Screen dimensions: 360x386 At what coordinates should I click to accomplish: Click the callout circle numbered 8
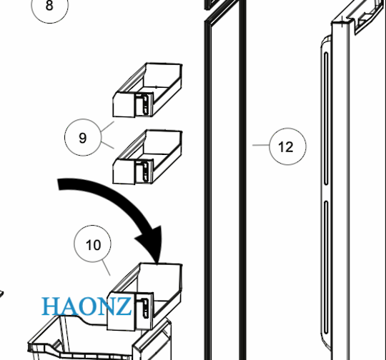[49, 6]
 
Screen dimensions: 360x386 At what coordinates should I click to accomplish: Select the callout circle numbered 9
[83, 138]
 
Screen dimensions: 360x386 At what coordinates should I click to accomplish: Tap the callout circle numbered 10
[94, 246]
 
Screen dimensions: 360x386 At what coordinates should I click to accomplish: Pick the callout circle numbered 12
[286, 147]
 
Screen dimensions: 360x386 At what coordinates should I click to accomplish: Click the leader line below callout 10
[106, 269]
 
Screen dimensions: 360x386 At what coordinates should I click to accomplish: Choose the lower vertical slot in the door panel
[327, 271]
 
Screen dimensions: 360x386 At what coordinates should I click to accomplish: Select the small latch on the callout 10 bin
[146, 308]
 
